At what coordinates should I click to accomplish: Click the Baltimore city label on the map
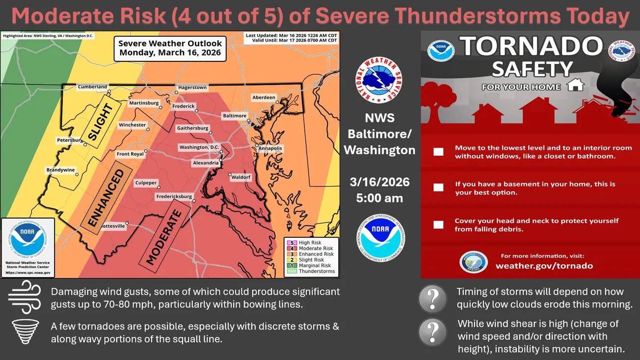point(235,116)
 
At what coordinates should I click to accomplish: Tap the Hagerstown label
point(192,87)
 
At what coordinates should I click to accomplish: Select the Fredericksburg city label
point(174,196)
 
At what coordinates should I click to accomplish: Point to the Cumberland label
point(92,87)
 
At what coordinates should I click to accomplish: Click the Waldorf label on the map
point(241,177)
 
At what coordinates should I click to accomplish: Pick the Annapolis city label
point(270,148)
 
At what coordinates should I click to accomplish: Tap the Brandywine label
point(60,170)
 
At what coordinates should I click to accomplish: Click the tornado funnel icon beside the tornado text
point(24,332)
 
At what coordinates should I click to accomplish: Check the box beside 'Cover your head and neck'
point(438,225)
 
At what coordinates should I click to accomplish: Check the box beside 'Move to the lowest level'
point(438,152)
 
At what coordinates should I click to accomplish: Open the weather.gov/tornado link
point(544,266)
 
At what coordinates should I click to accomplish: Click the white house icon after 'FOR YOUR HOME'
point(575,85)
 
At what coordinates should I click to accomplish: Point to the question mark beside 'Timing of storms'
point(432,298)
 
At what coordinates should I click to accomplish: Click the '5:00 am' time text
point(379,198)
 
